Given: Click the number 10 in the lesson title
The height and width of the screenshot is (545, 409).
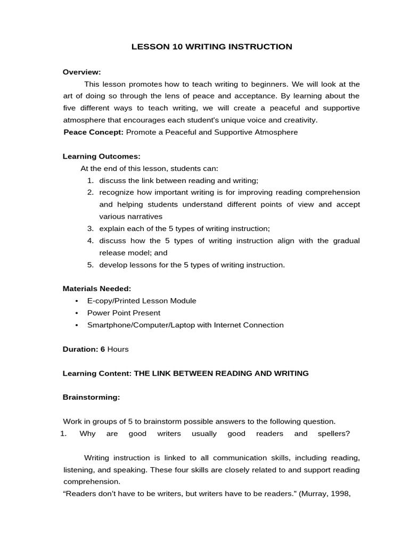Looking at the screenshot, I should tap(178, 47).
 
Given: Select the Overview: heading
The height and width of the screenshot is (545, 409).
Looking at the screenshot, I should tap(81, 72).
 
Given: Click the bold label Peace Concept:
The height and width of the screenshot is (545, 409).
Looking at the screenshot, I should tap(93, 132).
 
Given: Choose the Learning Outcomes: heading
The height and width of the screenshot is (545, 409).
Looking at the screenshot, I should tap(102, 156).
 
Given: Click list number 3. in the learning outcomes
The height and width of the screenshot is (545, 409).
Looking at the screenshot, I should tap(91, 228).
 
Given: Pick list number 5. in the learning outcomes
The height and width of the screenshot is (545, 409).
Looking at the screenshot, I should tap(91, 265).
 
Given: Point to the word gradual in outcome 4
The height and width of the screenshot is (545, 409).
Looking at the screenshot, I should tap(346, 241).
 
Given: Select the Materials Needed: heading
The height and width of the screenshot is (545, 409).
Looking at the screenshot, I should tap(97, 288).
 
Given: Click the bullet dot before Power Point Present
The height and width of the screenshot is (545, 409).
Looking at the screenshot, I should tap(77, 313).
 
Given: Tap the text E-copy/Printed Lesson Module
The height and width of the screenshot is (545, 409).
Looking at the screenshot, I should tap(142, 301).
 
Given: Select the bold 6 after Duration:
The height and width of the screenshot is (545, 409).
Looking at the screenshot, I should tap(103, 349).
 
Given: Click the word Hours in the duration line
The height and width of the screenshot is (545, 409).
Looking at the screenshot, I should tap(118, 349).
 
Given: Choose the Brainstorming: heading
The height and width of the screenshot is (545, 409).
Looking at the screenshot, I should tap(91, 397).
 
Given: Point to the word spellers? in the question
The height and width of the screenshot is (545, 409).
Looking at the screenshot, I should tap(333, 433).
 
